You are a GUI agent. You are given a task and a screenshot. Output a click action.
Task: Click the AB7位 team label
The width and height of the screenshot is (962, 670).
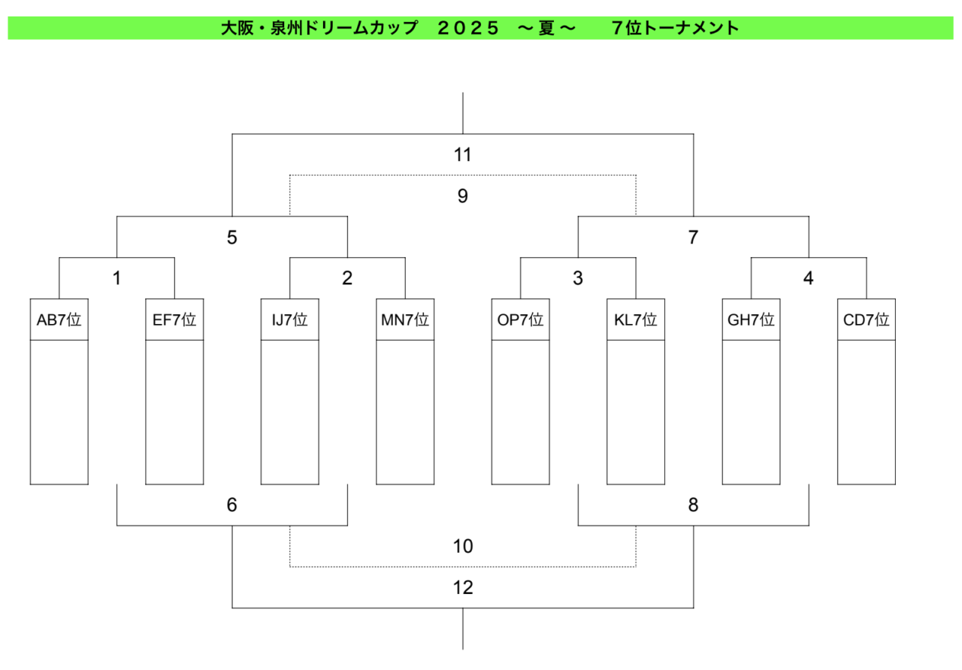pos(59,320)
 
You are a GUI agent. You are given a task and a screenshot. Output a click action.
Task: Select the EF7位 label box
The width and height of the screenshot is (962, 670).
pos(174,320)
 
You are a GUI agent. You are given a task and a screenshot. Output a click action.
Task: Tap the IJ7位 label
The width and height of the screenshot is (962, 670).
pos(290,320)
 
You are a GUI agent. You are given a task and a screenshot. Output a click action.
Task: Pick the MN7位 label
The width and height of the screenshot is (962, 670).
pos(405,320)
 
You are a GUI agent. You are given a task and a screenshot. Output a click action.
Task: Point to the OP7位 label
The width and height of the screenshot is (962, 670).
pos(521,320)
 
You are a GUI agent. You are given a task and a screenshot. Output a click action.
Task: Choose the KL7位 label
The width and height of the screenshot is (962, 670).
pos(636,320)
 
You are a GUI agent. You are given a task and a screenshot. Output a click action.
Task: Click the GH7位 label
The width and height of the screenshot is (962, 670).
pos(751,320)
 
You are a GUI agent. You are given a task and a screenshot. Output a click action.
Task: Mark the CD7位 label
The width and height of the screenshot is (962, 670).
pos(867,320)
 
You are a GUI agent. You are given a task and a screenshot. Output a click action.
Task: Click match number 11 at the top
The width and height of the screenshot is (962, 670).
pos(462,155)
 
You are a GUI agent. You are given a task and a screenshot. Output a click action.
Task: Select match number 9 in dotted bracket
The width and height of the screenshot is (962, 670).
pos(462,196)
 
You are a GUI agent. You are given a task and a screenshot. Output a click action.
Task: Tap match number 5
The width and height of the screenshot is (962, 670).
pos(232,237)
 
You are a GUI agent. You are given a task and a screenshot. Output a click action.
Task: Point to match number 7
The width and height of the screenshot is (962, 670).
pos(693,237)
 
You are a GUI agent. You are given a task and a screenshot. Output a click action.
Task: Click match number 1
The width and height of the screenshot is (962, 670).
pos(116,278)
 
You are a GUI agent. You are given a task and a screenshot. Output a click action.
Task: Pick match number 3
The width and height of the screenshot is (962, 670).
pos(578,278)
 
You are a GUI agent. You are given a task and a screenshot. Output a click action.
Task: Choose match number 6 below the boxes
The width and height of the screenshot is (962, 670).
pos(232,505)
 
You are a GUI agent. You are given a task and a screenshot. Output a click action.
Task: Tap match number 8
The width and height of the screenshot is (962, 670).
pos(693,505)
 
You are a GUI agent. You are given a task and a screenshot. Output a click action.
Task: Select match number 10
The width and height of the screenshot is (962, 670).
pos(463,546)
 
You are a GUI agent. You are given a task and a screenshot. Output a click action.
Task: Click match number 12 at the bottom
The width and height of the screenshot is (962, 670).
pos(463,587)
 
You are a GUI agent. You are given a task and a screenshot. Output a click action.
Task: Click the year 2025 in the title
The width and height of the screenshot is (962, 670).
pos(468,29)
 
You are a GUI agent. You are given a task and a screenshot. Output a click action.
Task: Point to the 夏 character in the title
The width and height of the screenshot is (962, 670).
pos(546,29)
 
